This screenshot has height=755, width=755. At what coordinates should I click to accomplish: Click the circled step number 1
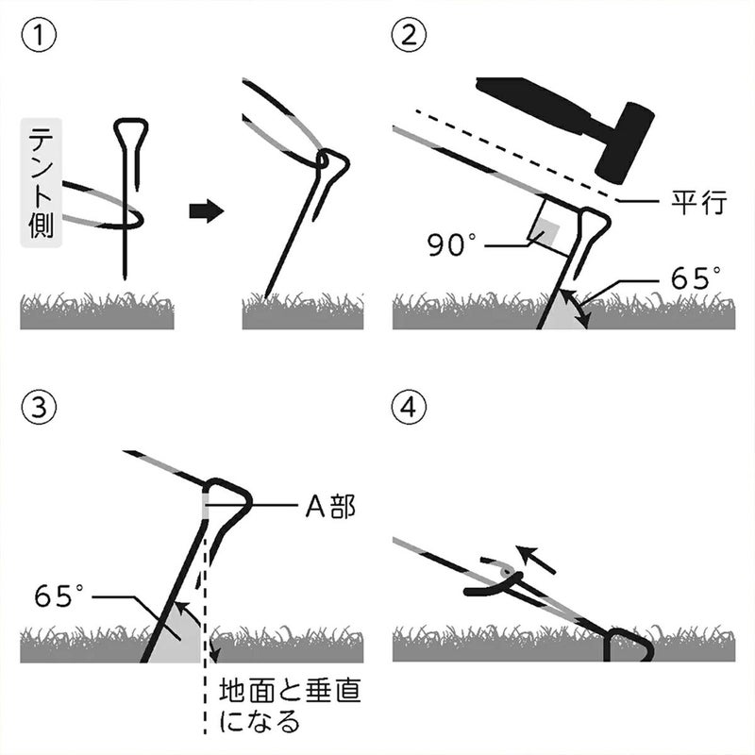pyautogui.click(x=38, y=39)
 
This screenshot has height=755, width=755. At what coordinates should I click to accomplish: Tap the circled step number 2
pyautogui.click(x=408, y=39)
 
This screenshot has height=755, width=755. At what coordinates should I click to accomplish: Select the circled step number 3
pyautogui.click(x=38, y=408)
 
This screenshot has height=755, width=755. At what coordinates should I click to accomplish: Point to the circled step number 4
pyautogui.click(x=408, y=408)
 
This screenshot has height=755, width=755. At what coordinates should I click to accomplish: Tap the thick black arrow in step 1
pyautogui.click(x=207, y=210)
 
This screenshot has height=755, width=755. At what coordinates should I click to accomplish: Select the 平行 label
pyautogui.click(x=694, y=200)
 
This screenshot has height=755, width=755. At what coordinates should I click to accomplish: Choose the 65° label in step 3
pyautogui.click(x=59, y=596)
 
